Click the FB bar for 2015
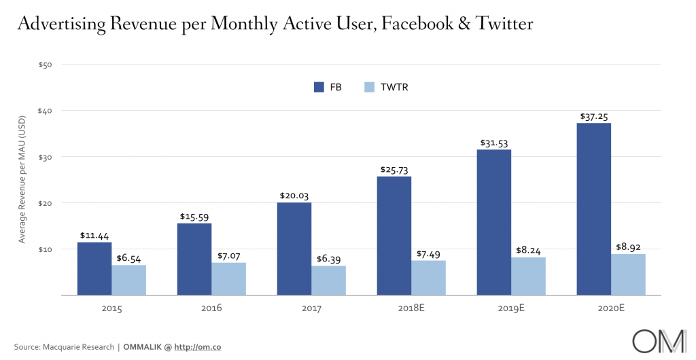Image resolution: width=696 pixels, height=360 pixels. [94, 268]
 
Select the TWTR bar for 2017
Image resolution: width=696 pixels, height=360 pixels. [328, 280]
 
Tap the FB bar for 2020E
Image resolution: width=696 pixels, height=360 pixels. [593, 209]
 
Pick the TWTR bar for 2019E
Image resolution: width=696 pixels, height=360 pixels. [528, 276]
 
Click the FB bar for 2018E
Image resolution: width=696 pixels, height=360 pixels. [394, 235]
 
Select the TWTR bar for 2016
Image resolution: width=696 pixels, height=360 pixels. [228, 278]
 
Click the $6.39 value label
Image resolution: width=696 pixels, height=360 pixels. [328, 259]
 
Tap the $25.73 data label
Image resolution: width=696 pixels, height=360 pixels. [394, 170]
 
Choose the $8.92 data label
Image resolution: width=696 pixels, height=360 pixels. [627, 247]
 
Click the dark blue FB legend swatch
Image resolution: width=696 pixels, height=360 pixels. [319, 87]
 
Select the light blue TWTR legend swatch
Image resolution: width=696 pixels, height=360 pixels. [369, 87]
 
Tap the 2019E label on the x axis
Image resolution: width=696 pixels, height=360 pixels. [511, 308]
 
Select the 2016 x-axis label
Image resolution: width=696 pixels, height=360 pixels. [211, 308]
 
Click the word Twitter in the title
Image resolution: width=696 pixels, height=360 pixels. [495, 24]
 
